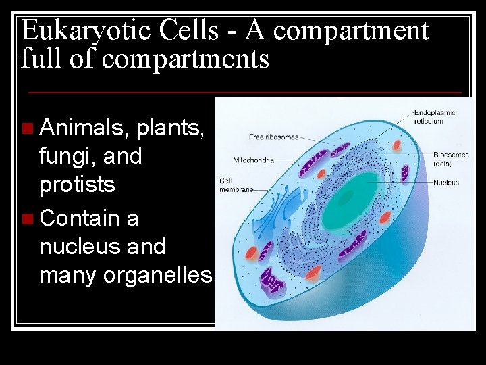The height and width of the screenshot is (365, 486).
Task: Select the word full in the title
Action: click(x=40, y=59)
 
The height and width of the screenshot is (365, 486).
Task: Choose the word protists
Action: click(x=77, y=185)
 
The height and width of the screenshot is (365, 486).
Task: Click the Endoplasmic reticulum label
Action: click(x=434, y=116)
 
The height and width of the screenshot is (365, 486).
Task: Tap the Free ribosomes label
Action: click(x=273, y=137)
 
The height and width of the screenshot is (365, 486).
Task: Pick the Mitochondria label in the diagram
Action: click(x=253, y=160)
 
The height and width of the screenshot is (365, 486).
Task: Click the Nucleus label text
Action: click(x=446, y=182)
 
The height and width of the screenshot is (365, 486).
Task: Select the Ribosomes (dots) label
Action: click(x=451, y=159)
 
